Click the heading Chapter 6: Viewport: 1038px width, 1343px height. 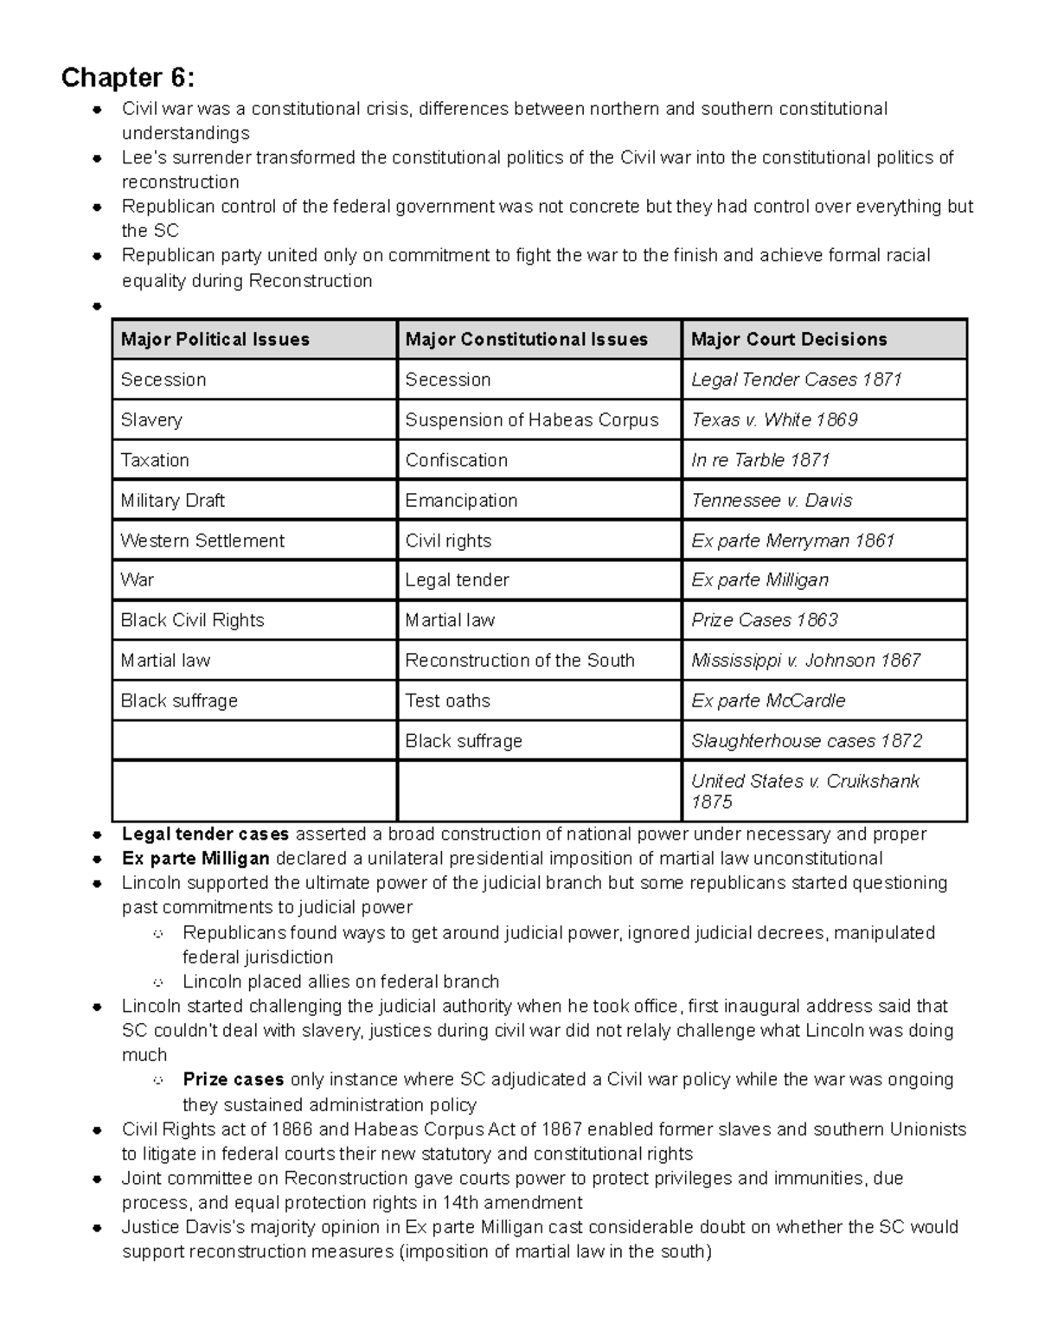(x=127, y=78)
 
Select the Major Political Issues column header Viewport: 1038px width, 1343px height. (x=215, y=340)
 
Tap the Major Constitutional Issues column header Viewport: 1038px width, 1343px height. (x=526, y=340)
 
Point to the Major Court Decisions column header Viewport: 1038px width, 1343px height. (x=788, y=340)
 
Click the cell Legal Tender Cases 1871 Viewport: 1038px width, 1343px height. (x=796, y=380)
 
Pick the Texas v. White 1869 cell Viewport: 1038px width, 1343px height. (x=774, y=420)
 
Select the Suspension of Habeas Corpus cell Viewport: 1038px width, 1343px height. (x=531, y=420)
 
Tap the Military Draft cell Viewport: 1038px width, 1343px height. (x=172, y=501)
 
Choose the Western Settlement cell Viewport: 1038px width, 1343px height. (x=202, y=540)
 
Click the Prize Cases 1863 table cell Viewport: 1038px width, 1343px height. (x=764, y=620)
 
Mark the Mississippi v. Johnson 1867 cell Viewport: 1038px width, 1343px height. (x=805, y=661)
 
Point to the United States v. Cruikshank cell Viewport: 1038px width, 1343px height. (x=804, y=791)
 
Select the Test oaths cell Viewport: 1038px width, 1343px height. (x=447, y=700)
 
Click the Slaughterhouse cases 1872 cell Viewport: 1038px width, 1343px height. (x=806, y=741)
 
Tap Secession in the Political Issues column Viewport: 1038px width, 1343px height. (x=163, y=380)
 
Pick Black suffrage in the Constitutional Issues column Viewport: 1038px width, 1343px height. (x=464, y=741)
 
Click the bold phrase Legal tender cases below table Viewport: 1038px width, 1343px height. (x=205, y=835)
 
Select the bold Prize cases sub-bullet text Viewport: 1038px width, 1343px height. (x=233, y=1079)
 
